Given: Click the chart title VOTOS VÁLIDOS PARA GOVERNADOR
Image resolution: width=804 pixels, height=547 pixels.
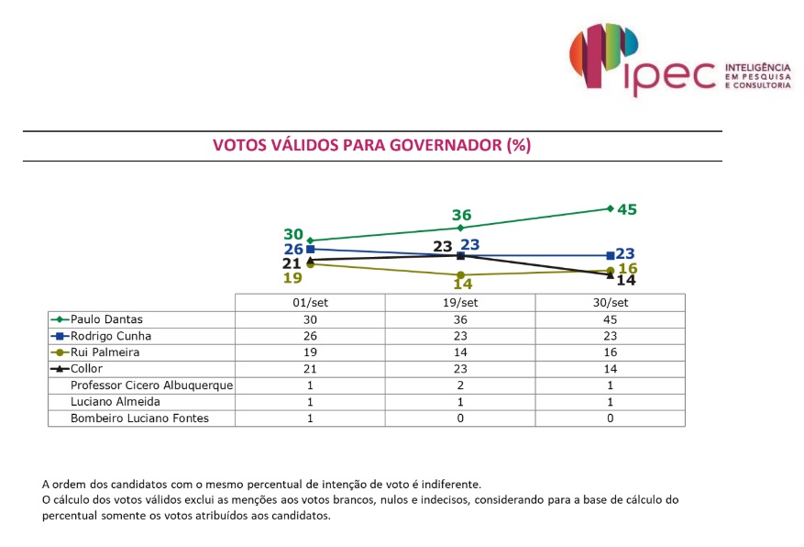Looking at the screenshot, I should pos(371,145).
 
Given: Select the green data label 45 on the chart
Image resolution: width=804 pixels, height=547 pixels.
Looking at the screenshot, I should pos(627,209).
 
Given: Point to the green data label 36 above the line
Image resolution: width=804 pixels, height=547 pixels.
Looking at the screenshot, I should pos(461,215).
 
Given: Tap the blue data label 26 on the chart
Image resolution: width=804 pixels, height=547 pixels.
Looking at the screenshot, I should pos(292,249).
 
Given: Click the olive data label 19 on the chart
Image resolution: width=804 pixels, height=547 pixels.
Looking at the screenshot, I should pos(292,278).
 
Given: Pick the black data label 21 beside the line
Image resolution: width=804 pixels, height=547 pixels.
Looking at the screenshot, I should pos(292,263).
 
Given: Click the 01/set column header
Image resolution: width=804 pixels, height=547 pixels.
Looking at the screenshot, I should pos(310,303).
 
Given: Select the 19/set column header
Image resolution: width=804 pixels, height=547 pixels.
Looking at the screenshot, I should pos(460,303).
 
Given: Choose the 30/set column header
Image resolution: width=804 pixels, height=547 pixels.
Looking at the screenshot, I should pos(611,303).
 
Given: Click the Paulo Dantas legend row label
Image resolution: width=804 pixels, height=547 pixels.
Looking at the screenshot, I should pos(107,318).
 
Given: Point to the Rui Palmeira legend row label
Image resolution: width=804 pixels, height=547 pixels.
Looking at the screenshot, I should pos(107,352).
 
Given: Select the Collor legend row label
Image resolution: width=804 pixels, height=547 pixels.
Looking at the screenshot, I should pos(91,369).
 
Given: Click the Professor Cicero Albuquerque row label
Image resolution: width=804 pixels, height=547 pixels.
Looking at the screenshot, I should pos(152,385).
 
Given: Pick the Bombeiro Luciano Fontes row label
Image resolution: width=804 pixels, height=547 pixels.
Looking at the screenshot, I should pos(139,419).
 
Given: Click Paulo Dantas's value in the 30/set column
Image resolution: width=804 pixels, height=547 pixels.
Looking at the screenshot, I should pos(611,318).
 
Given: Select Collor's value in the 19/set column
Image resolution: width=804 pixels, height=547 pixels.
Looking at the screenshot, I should pos(460,369).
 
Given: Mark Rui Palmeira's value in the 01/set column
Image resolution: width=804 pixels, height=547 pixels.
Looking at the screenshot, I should pos(310,352).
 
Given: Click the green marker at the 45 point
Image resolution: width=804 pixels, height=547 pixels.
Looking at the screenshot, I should pos(611,208).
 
